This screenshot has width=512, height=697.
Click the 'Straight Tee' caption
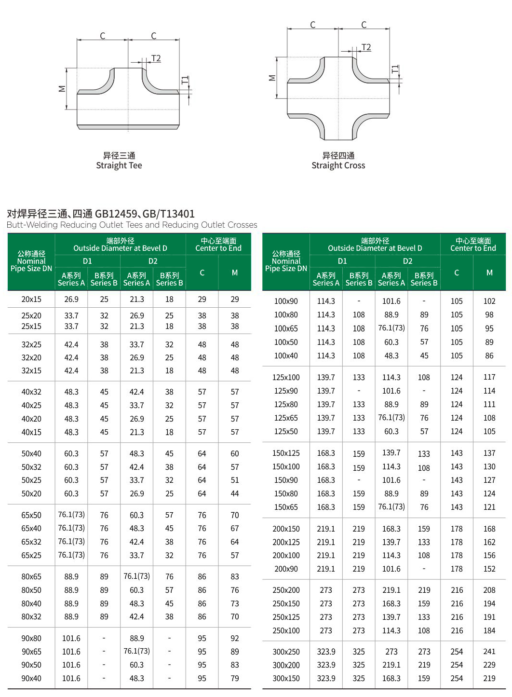(x=119, y=165)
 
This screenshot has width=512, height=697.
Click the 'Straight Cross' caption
(x=338, y=165)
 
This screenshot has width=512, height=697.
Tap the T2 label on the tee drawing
(x=156, y=58)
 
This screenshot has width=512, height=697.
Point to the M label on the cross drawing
(x=272, y=78)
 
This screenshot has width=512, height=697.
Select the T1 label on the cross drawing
(x=395, y=69)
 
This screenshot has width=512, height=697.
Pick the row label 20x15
(x=31, y=299)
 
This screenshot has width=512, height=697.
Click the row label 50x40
(x=31, y=453)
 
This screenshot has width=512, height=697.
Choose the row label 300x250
(x=286, y=652)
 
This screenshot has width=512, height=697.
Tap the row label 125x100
(x=286, y=377)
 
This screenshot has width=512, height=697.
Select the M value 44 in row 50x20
(x=234, y=493)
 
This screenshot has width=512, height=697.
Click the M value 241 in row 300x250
(x=489, y=652)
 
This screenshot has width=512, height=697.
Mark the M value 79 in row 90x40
(x=234, y=678)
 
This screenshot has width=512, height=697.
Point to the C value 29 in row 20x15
(x=202, y=299)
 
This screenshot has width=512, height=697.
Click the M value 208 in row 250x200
(x=489, y=590)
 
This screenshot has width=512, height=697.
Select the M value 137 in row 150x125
(x=489, y=453)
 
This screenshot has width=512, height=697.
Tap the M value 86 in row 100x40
(x=489, y=355)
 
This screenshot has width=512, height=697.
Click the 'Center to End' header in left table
(x=218, y=248)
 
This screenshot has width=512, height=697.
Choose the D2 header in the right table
(x=407, y=261)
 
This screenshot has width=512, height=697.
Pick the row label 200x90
(x=286, y=569)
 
